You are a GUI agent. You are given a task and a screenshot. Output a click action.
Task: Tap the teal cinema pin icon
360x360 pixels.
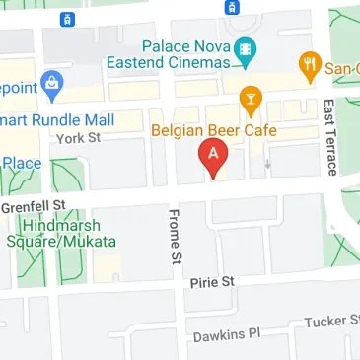point(246,49)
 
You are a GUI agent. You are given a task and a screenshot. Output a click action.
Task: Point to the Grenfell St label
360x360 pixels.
point(32,207)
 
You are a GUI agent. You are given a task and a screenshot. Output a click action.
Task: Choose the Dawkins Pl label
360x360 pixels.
point(226,334)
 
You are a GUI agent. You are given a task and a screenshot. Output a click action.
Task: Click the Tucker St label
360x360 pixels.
point(330,321)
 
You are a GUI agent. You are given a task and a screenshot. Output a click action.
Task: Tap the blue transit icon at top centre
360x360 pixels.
point(232,7)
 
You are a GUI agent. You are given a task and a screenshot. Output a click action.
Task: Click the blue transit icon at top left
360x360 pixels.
point(65,20)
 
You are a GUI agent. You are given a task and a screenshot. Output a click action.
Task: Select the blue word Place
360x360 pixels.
point(21,161)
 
